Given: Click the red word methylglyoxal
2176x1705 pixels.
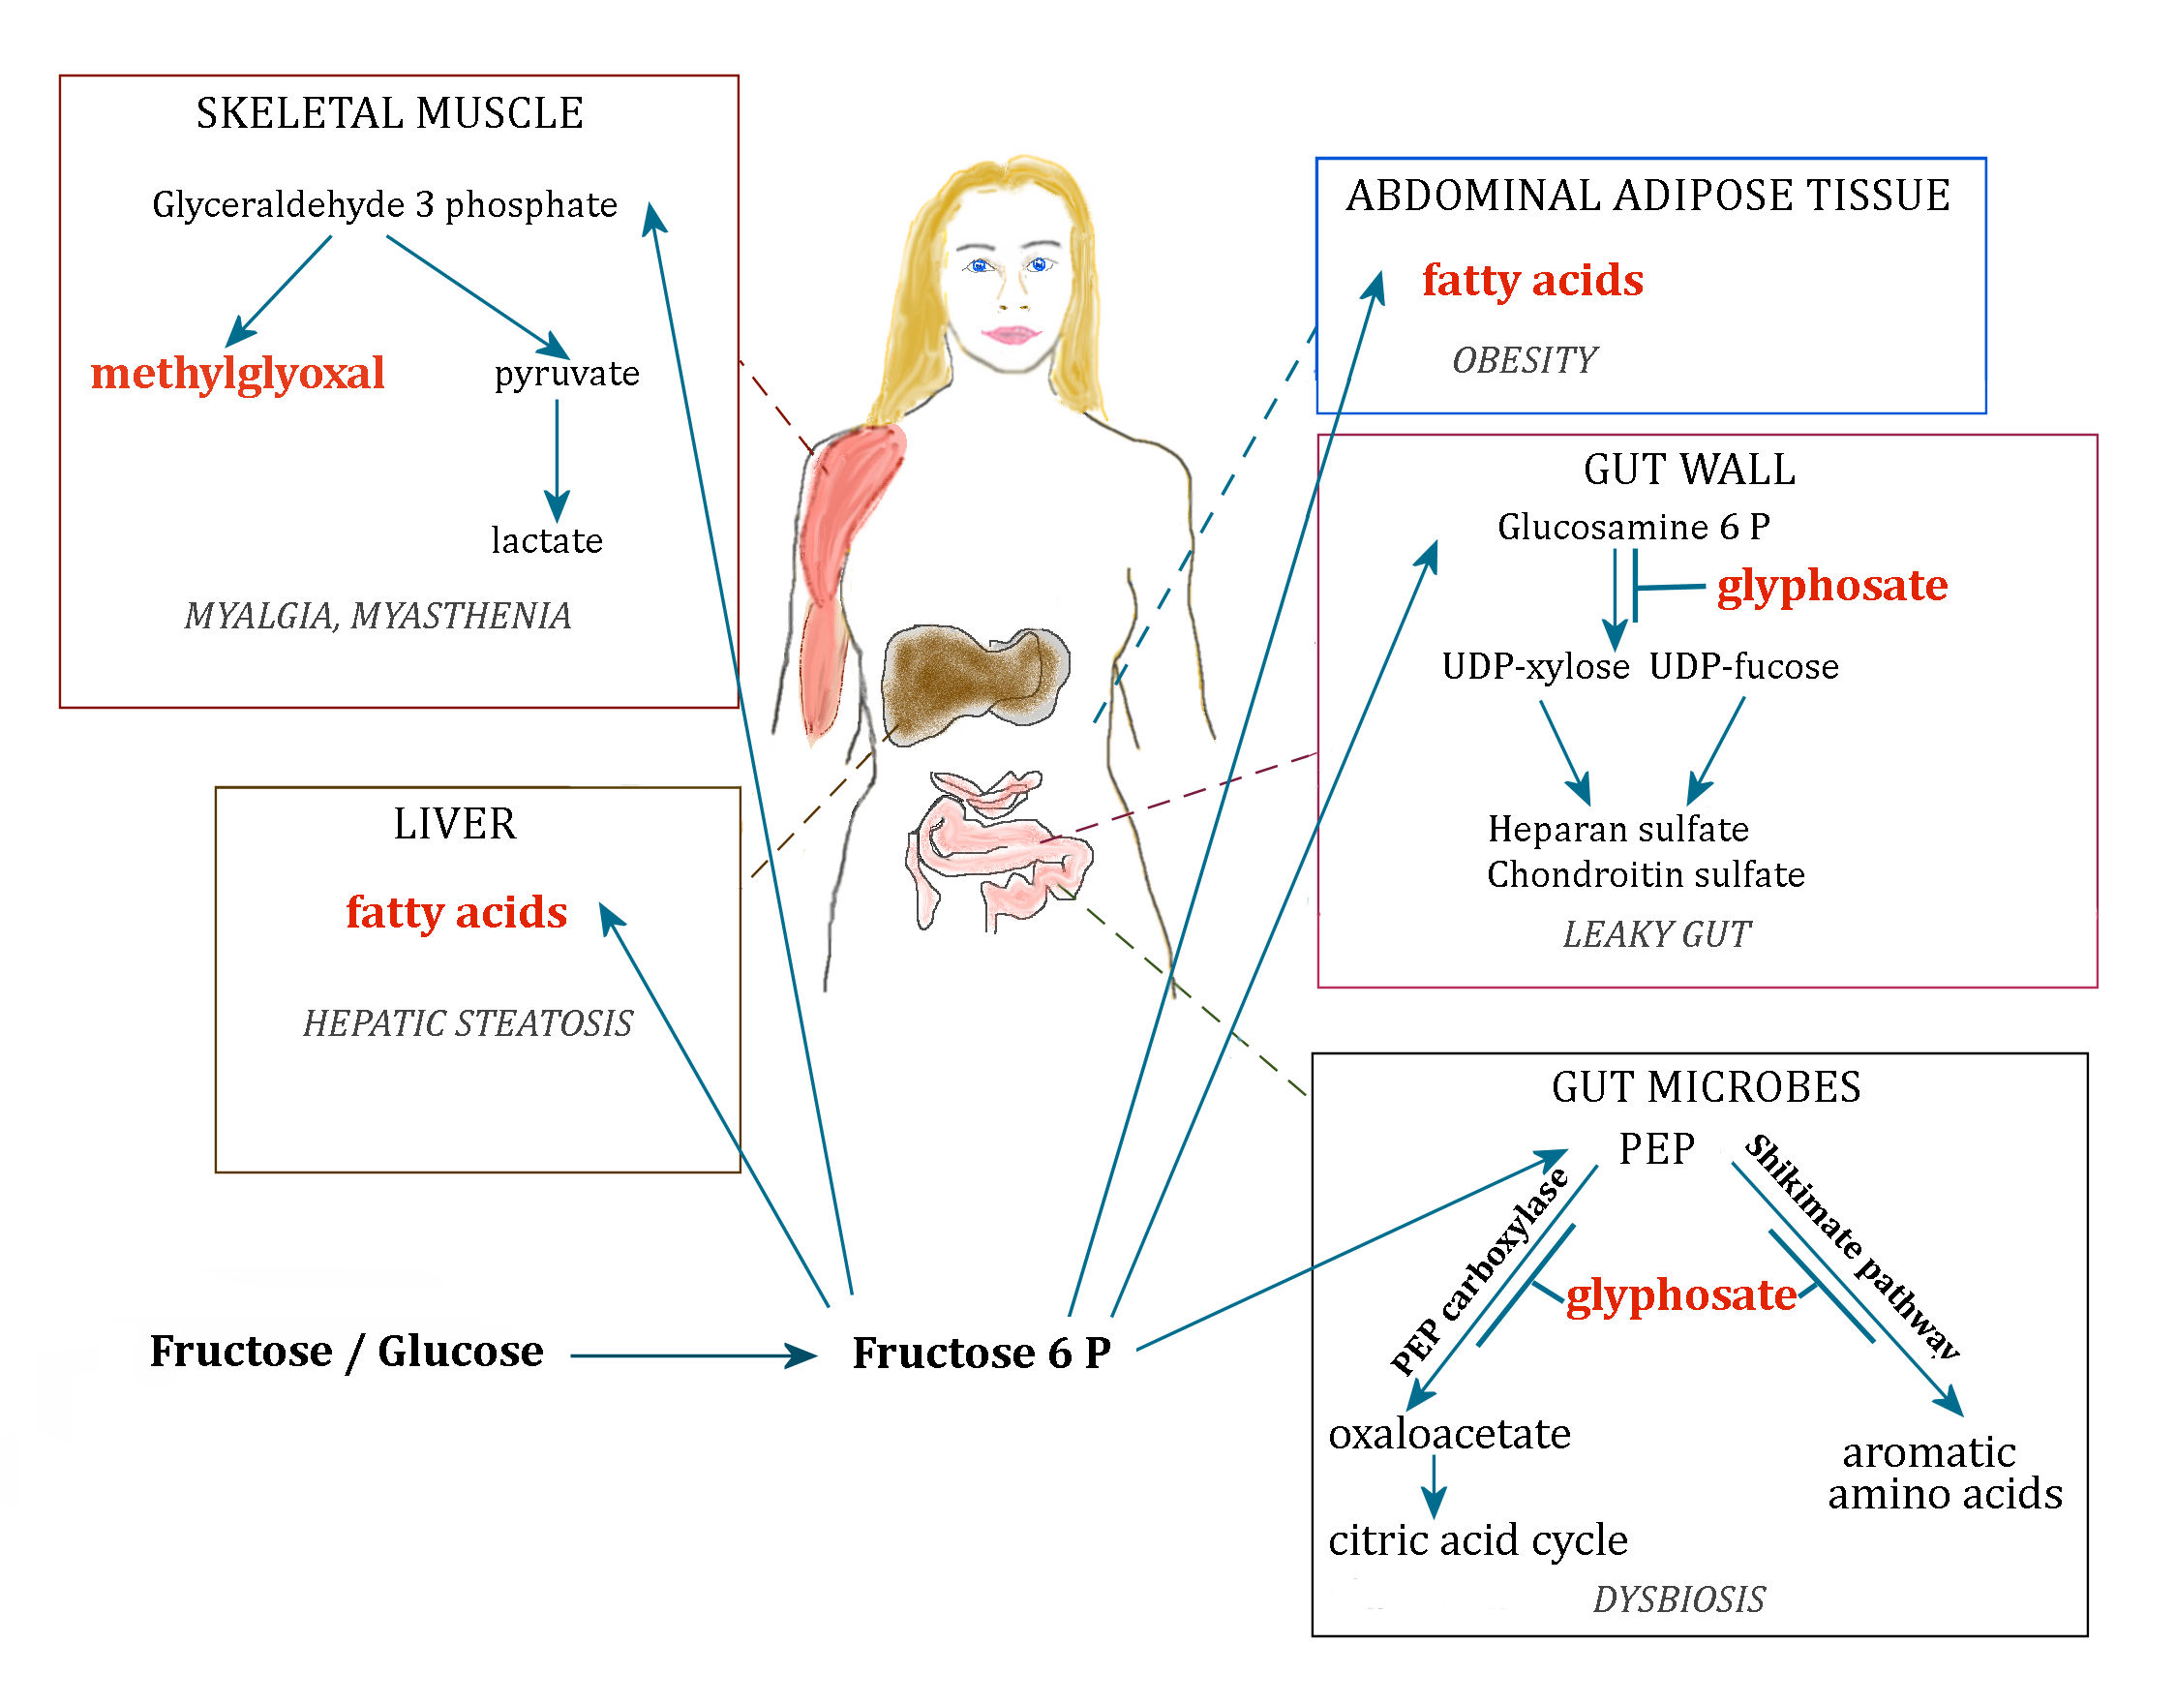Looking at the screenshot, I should [237, 374].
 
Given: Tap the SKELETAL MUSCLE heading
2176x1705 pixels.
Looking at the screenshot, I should [389, 113].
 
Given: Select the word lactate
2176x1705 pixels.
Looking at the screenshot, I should [547, 540].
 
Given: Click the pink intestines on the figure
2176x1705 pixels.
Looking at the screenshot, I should [998, 848].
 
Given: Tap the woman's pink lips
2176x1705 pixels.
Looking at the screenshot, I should [1012, 334].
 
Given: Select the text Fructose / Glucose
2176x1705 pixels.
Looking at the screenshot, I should [347, 1351].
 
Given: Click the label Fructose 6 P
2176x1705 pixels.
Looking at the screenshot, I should [982, 1353].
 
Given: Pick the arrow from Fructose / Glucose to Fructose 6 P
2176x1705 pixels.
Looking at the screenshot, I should [694, 1355].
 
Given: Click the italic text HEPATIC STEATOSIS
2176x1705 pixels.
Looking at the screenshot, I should [468, 1023].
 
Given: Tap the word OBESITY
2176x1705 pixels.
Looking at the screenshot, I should [1524, 360].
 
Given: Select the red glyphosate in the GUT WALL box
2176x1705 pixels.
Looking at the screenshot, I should [1831, 585].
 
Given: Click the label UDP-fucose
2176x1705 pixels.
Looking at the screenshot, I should [1742, 666].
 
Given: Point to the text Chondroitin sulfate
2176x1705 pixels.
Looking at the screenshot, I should [1645, 874].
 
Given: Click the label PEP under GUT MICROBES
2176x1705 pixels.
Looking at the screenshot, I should [1656, 1148].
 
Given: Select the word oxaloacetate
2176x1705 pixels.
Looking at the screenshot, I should [1449, 1434].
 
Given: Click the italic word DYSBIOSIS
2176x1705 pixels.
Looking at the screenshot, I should [1677, 1599].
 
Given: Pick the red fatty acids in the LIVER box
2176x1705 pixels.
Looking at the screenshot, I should [456, 911].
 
